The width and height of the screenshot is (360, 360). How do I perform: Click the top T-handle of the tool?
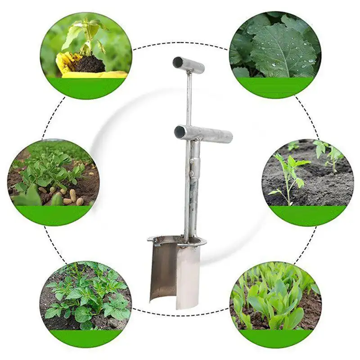[189, 65]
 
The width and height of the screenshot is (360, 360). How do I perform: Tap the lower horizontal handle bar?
[205, 134]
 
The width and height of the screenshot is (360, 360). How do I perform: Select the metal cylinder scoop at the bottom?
[175, 270]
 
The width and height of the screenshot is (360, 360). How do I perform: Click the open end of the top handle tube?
[177, 62]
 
